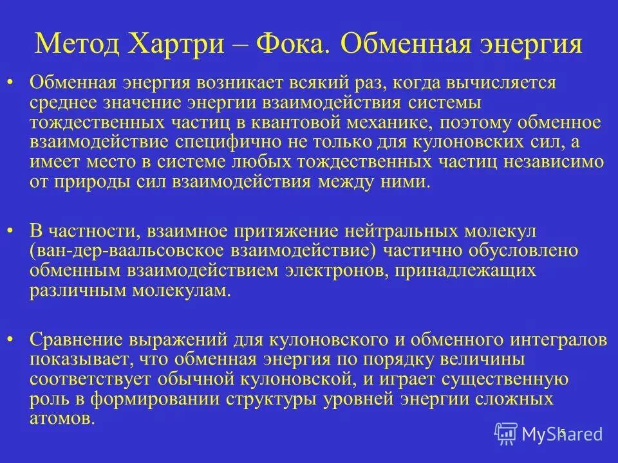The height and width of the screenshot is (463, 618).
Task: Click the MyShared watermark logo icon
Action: tap(505, 434)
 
